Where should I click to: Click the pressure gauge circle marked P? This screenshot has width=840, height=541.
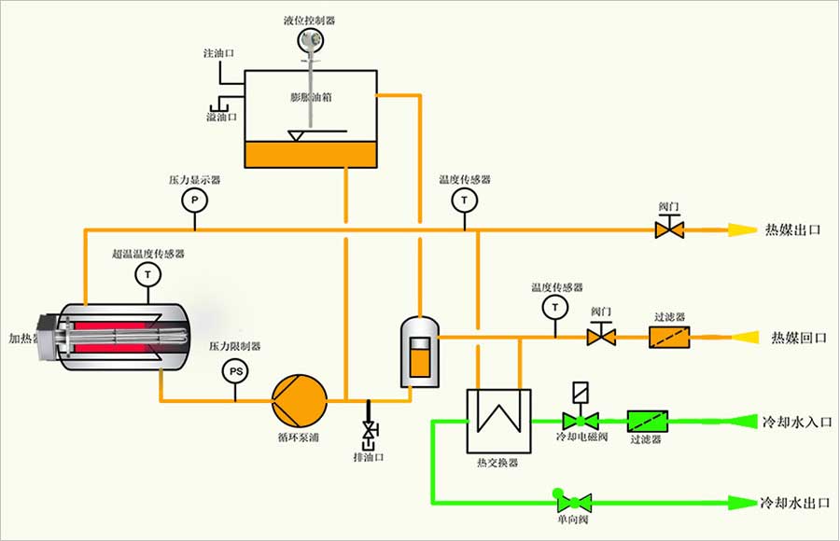tap(194, 201)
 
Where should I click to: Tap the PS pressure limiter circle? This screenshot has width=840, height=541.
tap(236, 372)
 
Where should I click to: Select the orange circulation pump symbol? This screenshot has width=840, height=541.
tap(299, 400)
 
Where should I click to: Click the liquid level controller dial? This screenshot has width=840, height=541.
tap(309, 40)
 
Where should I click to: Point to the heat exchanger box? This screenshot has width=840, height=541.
tap(497, 421)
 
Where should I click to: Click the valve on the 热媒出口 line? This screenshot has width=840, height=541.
tap(668, 229)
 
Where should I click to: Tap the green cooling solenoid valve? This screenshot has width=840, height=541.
tap(580, 421)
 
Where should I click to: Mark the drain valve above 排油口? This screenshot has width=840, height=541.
tap(370, 431)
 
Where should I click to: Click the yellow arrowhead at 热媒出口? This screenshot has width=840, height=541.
tap(743, 229)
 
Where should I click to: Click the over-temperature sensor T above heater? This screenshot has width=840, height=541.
tap(147, 274)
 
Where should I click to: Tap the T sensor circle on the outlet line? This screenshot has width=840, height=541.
tap(463, 201)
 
